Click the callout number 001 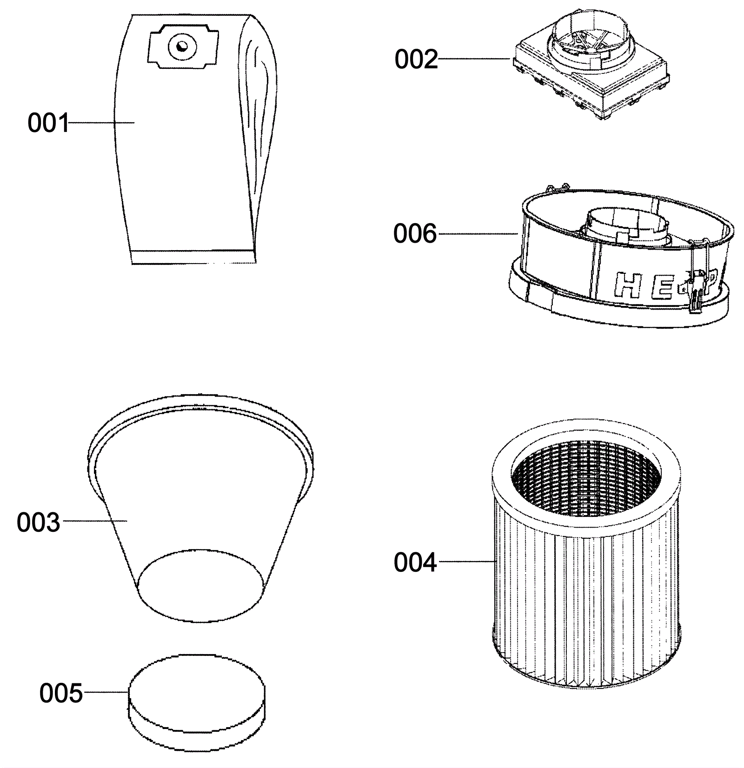[x=48, y=123]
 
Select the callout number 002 [x=416, y=60]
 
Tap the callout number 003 [x=38, y=522]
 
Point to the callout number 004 [x=415, y=563]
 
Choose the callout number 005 [x=61, y=693]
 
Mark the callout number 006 [x=415, y=233]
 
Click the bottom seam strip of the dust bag [x=193, y=257]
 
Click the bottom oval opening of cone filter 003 [x=201, y=585]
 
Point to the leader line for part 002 [x=474, y=59]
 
